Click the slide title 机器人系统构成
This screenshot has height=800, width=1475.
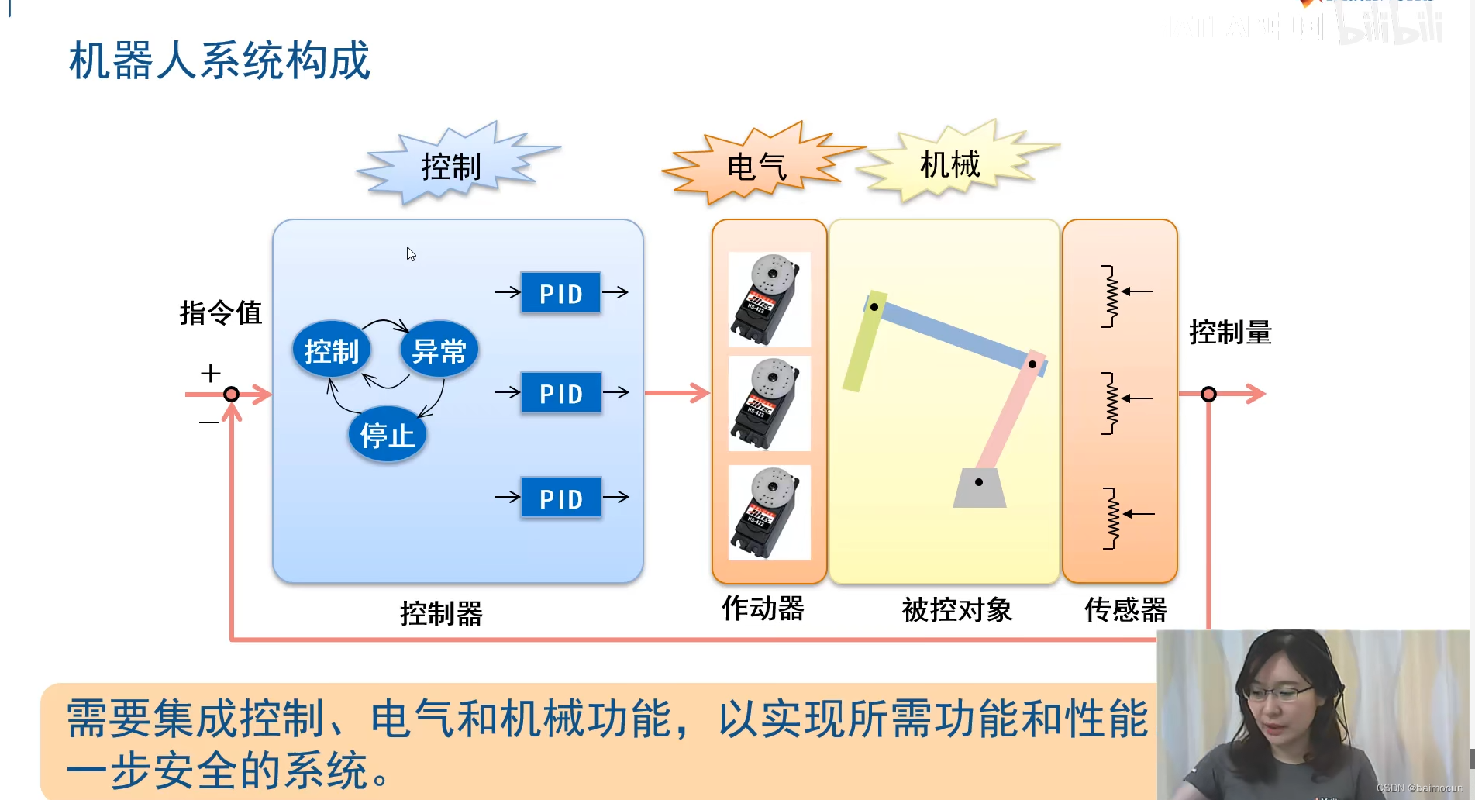pos(219,60)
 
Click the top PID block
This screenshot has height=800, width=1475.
pos(560,293)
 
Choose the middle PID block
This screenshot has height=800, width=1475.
pos(560,393)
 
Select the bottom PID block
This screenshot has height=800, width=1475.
pos(560,498)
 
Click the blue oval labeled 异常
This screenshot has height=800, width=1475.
pos(439,350)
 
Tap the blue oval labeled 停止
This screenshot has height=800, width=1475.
pos(387,435)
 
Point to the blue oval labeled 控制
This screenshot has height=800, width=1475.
pos(332,350)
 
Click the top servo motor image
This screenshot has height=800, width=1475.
pos(769,299)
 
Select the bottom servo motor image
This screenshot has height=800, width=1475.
pos(769,512)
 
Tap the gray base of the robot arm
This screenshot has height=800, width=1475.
pos(979,488)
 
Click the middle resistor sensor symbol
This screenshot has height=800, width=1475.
pos(1112,402)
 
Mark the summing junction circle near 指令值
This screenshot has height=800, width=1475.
pos(231,394)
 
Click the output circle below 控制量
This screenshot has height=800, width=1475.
pos(1208,394)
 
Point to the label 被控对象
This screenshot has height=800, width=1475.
pos(957,610)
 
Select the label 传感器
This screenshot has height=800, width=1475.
pos(1125,610)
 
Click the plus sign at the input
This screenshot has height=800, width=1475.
pos(210,373)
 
